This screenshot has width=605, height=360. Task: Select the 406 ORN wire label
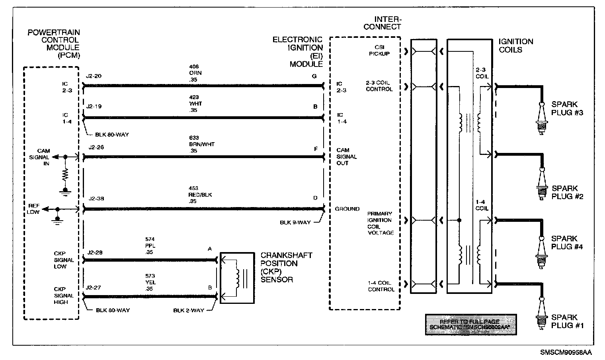(x=195, y=73)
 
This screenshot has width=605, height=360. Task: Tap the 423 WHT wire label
(x=195, y=104)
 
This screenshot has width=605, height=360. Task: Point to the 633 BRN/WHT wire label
(x=202, y=144)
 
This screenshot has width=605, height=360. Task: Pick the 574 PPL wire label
(x=150, y=246)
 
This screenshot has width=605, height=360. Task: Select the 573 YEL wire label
(x=150, y=282)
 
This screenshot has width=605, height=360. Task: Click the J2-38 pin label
(x=96, y=199)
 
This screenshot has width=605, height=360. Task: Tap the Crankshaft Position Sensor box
(x=237, y=278)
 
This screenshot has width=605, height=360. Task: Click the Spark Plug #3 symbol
(x=541, y=118)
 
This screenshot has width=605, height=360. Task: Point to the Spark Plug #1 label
(x=567, y=321)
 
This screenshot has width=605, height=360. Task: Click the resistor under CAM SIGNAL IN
(x=66, y=174)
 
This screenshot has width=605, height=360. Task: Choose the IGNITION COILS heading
(x=515, y=45)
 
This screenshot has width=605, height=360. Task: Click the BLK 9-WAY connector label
(x=295, y=223)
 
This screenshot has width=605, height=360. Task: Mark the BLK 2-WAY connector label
(x=188, y=310)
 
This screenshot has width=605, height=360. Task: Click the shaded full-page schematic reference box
(x=470, y=324)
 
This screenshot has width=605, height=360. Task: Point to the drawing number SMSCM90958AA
(x=566, y=352)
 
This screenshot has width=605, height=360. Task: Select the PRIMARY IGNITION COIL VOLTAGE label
(x=381, y=223)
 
